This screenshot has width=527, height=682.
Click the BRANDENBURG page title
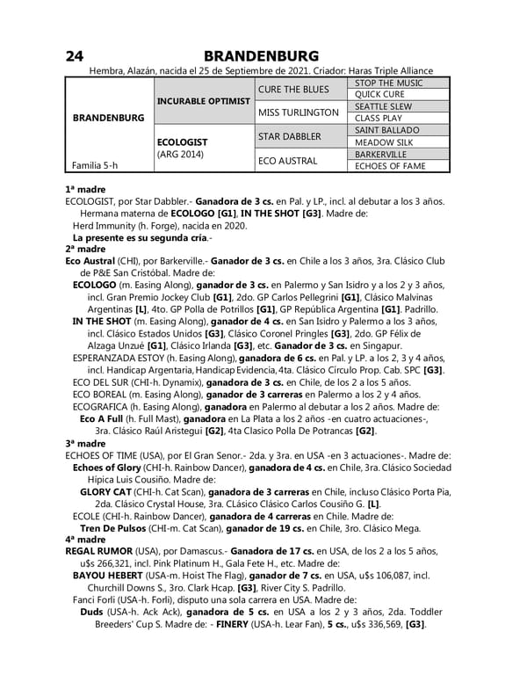click(x=262, y=55)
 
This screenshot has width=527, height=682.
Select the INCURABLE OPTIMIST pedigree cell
click(x=204, y=101)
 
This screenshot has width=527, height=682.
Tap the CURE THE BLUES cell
click(x=293, y=90)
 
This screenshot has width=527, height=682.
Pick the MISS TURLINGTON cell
click(x=297, y=112)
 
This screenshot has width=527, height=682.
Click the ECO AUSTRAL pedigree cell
click(x=287, y=160)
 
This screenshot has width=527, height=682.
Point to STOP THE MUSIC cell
click(x=388, y=83)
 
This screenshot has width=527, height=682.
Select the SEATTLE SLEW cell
click(x=383, y=106)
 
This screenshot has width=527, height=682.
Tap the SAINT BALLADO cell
click(x=386, y=130)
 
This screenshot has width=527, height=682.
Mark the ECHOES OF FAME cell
click(x=390, y=165)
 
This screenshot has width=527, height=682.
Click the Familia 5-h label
click(x=95, y=164)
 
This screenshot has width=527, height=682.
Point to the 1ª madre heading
click(x=85, y=189)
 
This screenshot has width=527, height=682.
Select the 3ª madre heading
click(x=85, y=445)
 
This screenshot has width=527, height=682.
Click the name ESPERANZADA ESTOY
click(x=127, y=359)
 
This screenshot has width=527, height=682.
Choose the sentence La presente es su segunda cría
click(x=141, y=237)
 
